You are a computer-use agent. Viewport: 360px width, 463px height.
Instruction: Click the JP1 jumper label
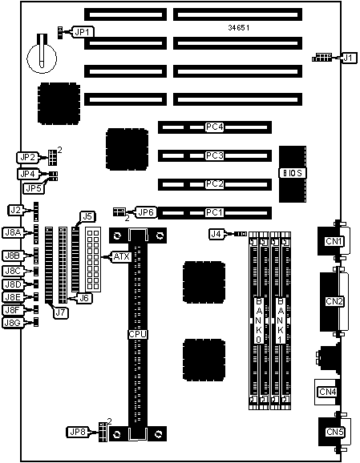coord(82,32)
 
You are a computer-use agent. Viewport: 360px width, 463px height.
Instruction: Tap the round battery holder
coord(42,58)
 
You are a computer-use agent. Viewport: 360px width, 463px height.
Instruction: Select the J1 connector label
coord(349,58)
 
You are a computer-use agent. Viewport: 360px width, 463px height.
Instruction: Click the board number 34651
coord(238,28)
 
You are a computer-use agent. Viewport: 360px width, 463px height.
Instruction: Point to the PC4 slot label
coord(215,127)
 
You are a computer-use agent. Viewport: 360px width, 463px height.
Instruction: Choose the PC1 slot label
coord(215,212)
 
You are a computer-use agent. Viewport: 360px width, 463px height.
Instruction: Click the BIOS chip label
coord(293,173)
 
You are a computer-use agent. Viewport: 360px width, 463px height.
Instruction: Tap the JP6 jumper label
coord(146,212)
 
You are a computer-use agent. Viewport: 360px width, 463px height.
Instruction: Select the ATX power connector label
coord(122,257)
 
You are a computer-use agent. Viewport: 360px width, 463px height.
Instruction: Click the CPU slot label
coord(138,335)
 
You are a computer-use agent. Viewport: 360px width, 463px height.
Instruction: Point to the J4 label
coord(216,234)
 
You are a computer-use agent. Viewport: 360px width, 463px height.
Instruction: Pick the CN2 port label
coord(334,301)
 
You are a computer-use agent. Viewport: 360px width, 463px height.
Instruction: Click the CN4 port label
coord(327,392)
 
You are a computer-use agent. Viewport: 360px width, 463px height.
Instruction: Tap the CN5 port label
coord(334,432)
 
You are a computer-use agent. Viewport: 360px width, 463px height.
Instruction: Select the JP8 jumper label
coord(77,432)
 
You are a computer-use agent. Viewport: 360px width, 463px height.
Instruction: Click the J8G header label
coord(13,323)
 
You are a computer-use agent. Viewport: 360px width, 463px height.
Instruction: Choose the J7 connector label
coord(60,313)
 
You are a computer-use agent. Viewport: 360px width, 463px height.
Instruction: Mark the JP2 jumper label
coord(27,157)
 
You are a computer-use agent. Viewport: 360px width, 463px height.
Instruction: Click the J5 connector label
coord(87,217)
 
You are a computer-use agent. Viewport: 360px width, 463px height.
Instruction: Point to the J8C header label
coord(13,271)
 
